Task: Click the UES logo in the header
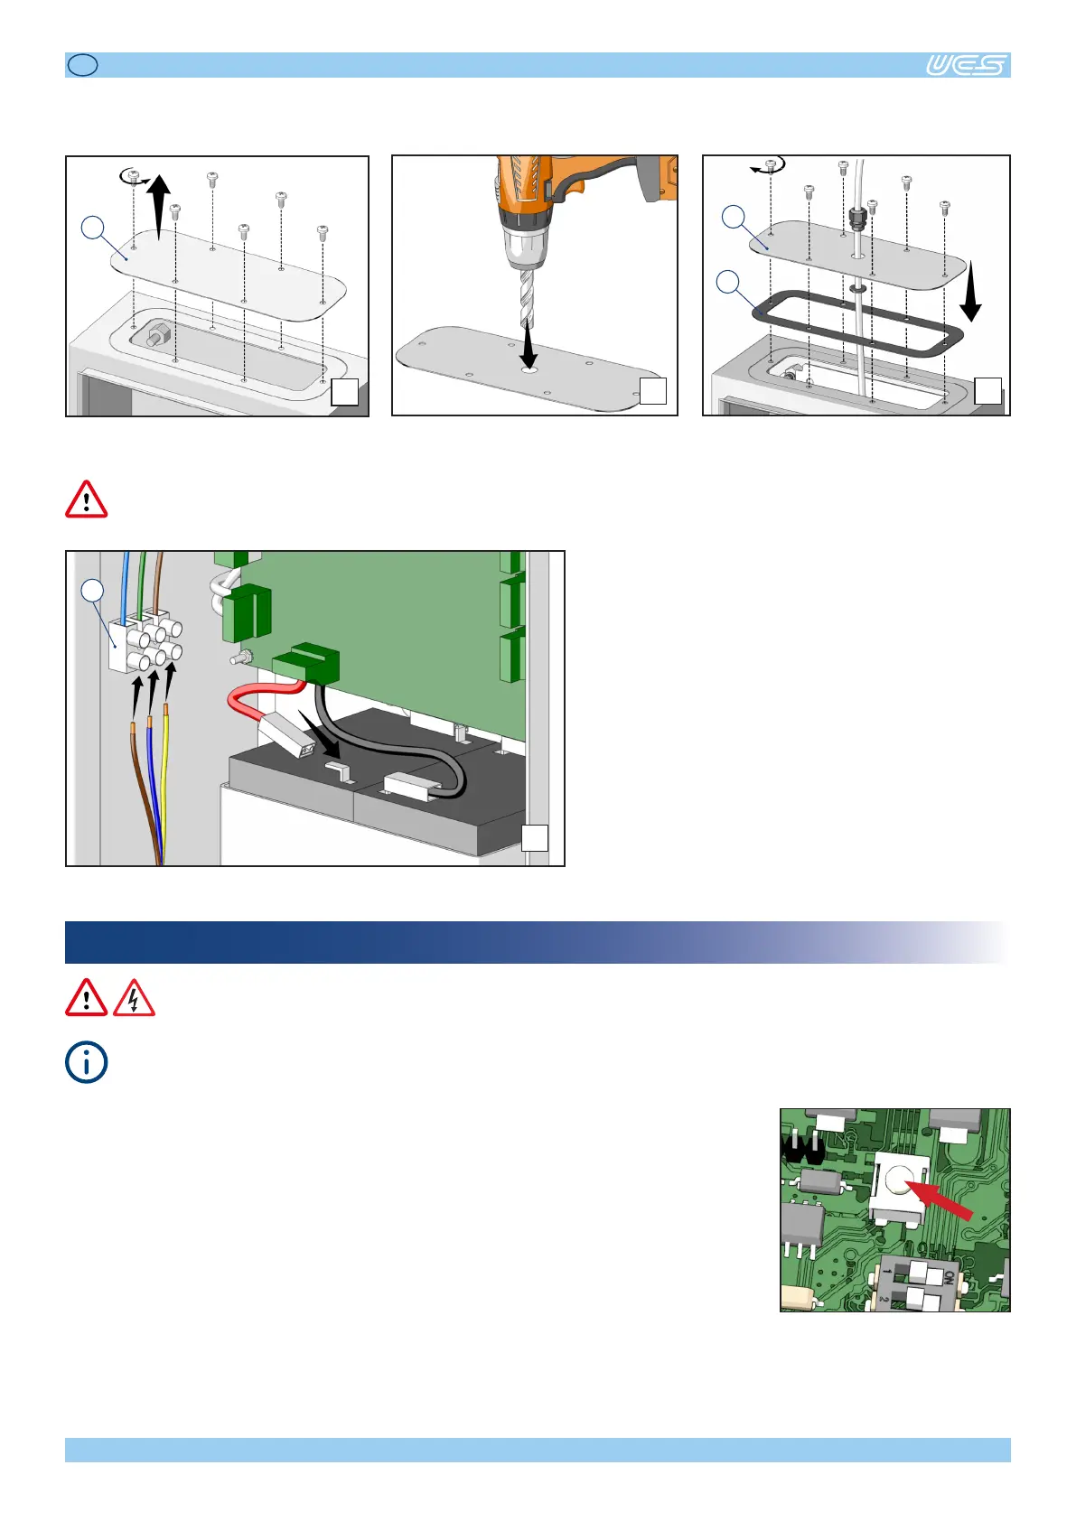click(x=967, y=65)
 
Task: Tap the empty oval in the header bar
click(x=83, y=65)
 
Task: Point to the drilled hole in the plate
click(x=529, y=370)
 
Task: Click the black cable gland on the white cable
click(x=857, y=219)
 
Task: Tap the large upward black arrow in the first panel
click(x=158, y=207)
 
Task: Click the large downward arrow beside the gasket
click(x=971, y=291)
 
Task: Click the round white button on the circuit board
click(x=900, y=1180)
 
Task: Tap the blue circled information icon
click(x=86, y=1062)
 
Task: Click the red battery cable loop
click(x=258, y=702)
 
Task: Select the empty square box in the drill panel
click(x=653, y=390)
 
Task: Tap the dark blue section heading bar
click(x=537, y=942)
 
